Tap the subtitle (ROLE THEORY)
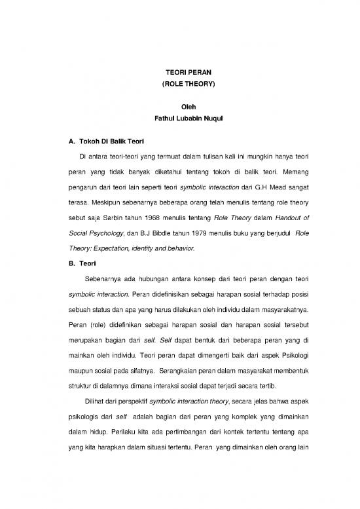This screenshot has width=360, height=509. (179, 85)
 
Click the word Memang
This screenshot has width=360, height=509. (292, 176)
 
